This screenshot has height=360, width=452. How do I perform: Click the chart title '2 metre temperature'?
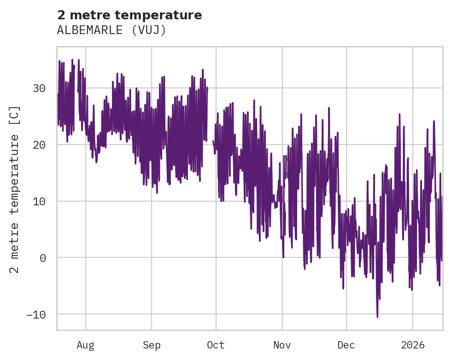(129, 15)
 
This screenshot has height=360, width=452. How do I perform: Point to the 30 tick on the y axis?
(39, 88)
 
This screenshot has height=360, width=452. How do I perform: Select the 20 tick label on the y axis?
(39, 145)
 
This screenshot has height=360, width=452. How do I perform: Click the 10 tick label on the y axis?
(39, 202)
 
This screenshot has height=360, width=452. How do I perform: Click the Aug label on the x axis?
(85, 345)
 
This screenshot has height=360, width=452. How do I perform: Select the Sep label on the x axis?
(151, 345)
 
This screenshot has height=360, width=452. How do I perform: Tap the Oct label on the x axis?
(216, 345)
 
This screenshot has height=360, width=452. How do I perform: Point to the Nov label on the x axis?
(282, 345)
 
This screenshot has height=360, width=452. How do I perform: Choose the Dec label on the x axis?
(346, 345)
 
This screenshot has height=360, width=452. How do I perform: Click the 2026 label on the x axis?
(413, 345)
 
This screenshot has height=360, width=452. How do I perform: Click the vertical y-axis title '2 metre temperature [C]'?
(15, 189)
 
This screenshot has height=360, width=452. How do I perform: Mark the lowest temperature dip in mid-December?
(377, 317)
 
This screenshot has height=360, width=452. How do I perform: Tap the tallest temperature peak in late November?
(329, 108)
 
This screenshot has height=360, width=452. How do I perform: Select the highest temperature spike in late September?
(203, 70)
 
